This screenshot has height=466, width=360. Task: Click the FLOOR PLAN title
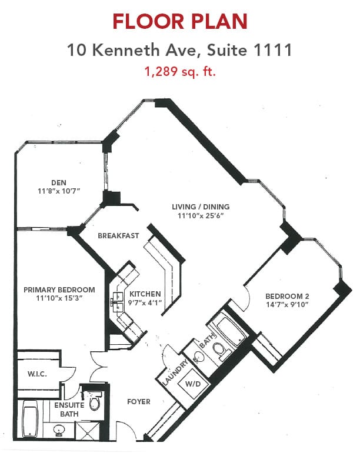click(x=179, y=21)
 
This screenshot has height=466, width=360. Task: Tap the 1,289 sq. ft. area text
click(x=179, y=72)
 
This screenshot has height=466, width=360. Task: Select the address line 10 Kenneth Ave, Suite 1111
click(x=179, y=50)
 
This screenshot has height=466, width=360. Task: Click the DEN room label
click(x=59, y=182)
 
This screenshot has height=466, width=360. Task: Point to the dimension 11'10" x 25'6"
click(x=201, y=215)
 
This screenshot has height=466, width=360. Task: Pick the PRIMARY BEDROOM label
click(x=59, y=289)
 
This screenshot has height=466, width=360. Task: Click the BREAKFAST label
click(x=118, y=236)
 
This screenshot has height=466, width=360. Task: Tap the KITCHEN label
click(x=145, y=294)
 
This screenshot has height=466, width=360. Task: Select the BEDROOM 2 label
click(x=287, y=297)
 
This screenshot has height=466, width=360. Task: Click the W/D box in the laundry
click(x=193, y=384)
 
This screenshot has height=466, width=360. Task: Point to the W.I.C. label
click(x=37, y=374)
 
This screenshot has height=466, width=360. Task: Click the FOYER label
click(x=139, y=401)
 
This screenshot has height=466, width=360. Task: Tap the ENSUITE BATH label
click(x=69, y=410)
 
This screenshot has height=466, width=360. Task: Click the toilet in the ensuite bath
click(x=95, y=401)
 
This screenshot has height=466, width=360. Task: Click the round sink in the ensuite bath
click(x=59, y=430)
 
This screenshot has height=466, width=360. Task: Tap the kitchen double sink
click(x=118, y=302)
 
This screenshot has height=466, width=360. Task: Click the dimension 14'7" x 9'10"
click(x=287, y=304)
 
